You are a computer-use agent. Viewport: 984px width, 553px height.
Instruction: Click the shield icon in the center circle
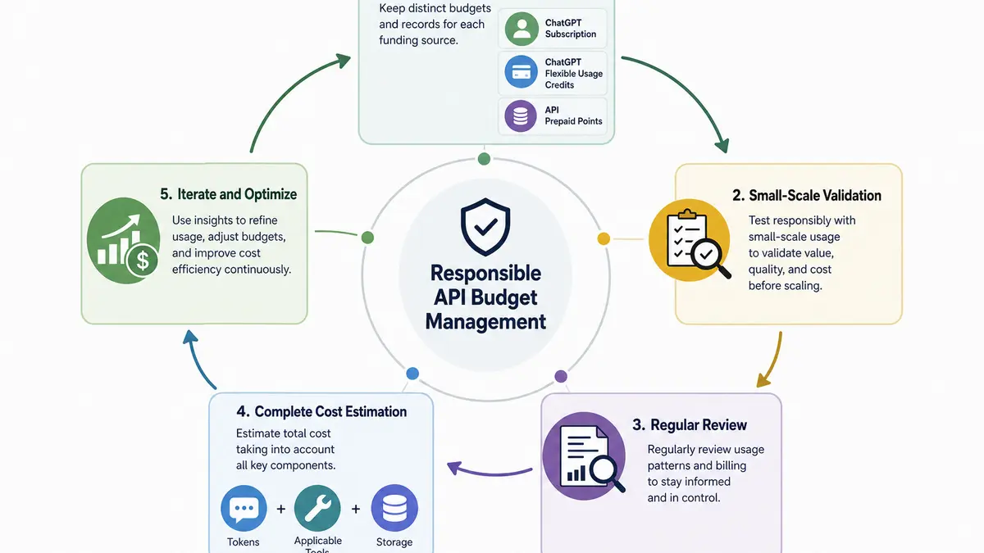click(485, 226)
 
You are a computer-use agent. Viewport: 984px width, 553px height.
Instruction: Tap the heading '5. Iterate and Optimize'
click(229, 194)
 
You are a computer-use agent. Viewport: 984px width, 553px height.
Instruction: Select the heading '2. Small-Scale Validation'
click(807, 195)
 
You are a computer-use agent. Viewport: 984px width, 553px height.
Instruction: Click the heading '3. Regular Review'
click(690, 425)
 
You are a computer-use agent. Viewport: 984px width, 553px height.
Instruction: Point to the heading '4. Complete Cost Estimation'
click(321, 411)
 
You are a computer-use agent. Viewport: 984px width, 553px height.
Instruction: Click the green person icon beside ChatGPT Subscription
click(522, 29)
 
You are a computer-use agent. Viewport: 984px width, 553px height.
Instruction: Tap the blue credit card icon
click(521, 72)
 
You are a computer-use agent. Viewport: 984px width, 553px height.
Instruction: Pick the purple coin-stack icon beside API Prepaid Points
click(521, 116)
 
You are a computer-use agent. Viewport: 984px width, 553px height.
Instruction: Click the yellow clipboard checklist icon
click(690, 241)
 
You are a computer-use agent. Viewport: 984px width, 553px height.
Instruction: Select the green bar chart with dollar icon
click(124, 241)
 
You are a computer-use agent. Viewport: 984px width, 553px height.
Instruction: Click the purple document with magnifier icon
click(584, 456)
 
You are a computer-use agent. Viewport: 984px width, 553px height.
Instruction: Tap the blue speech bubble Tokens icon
click(244, 508)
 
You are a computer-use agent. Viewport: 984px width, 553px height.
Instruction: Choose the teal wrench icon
click(317, 508)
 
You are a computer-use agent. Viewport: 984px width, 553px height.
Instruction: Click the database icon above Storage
click(394, 508)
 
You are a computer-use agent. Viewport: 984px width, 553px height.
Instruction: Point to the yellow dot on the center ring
click(604, 238)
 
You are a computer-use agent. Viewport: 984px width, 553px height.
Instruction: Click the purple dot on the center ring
click(561, 376)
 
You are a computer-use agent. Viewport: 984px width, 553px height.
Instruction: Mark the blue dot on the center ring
click(412, 374)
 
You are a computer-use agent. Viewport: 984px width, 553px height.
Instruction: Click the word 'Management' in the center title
click(485, 322)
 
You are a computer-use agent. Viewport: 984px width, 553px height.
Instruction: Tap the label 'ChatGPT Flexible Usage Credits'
click(574, 74)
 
